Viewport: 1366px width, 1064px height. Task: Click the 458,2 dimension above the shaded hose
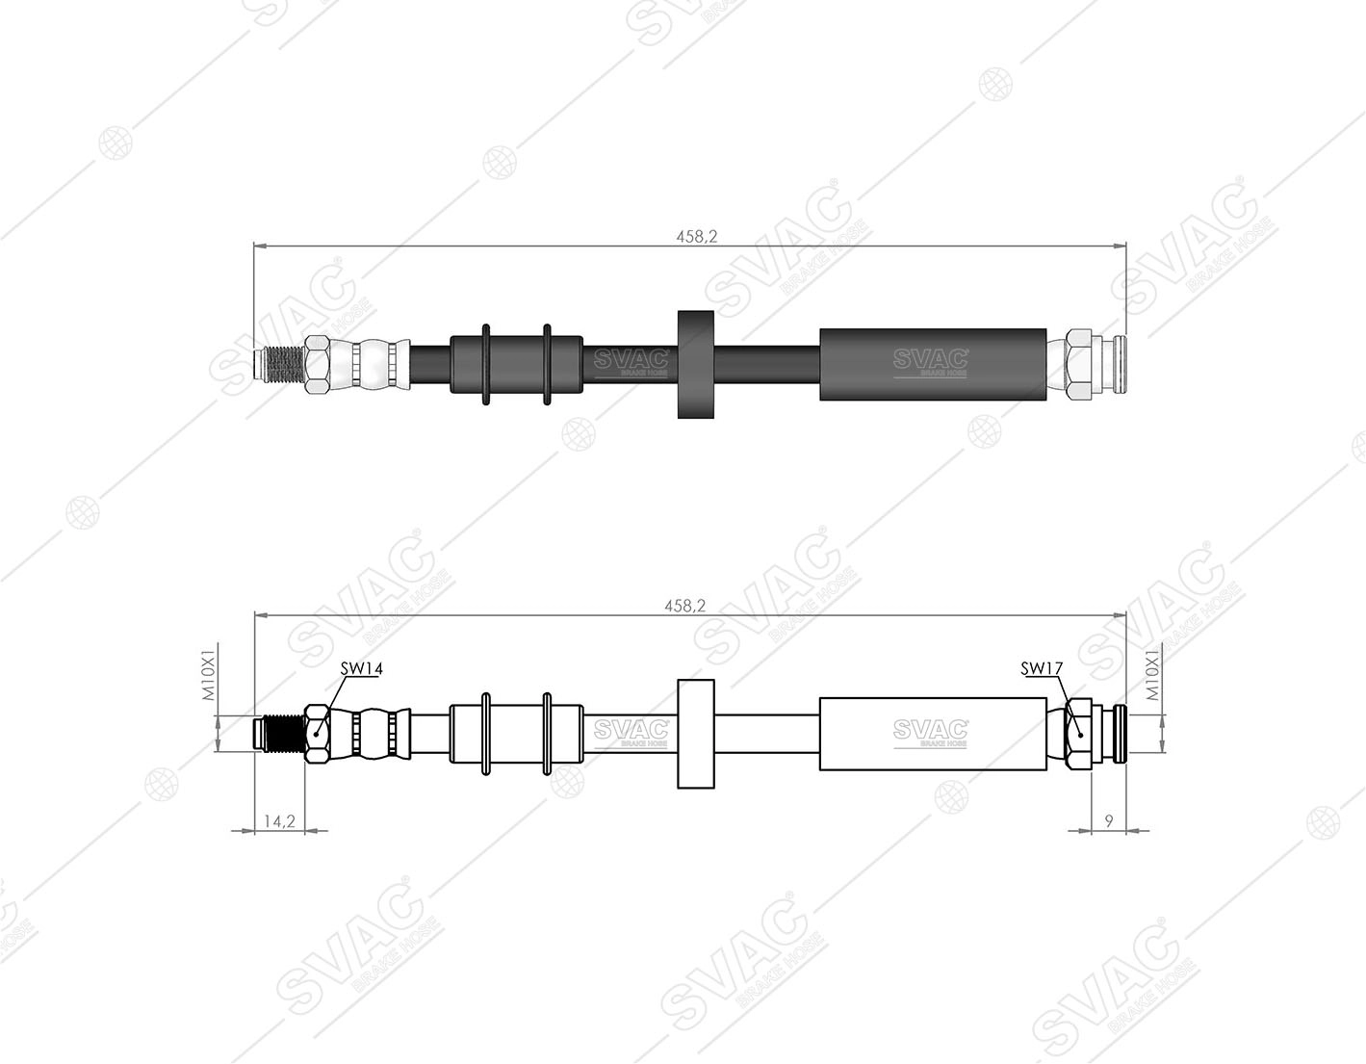pyautogui.click(x=697, y=237)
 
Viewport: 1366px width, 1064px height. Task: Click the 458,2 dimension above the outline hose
pyautogui.click(x=685, y=606)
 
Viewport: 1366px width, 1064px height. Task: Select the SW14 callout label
pyautogui.click(x=361, y=668)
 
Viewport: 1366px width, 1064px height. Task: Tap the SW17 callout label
pyautogui.click(x=1041, y=669)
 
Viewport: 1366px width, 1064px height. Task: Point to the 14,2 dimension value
pyautogui.click(x=279, y=821)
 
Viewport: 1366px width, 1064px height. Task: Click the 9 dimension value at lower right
pyautogui.click(x=1109, y=820)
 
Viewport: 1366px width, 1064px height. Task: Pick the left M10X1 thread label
pyautogui.click(x=209, y=671)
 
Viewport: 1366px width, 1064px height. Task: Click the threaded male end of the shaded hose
pyautogui.click(x=279, y=365)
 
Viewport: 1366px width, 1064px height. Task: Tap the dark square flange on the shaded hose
pyautogui.click(x=696, y=364)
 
